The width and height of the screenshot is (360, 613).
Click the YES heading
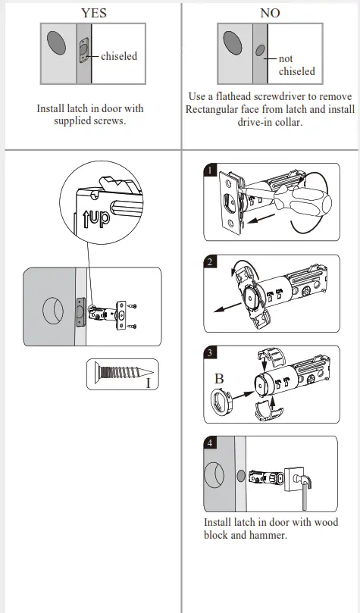(x=93, y=13)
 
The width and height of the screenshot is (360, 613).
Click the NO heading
(x=270, y=13)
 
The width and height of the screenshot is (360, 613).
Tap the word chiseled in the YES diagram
(x=119, y=55)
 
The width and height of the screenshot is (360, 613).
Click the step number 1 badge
(x=210, y=170)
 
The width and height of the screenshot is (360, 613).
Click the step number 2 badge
(x=211, y=262)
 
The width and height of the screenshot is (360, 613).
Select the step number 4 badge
(x=211, y=444)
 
